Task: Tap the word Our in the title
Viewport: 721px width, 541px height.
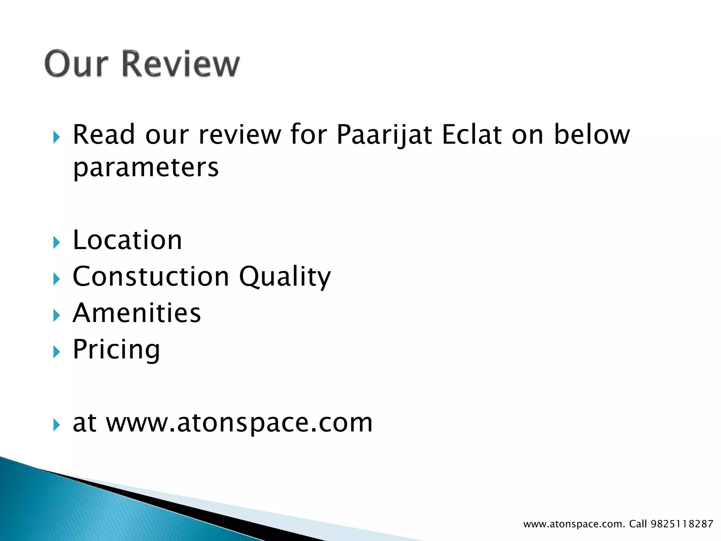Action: point(76,64)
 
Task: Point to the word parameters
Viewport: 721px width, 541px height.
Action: point(146,168)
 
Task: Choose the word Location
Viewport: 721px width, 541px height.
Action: point(127,240)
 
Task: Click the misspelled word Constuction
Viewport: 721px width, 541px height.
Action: point(151,276)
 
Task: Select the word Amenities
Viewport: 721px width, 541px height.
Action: point(137,313)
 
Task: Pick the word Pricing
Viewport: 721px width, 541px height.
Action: point(116,350)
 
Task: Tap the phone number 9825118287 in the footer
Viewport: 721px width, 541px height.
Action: point(682,524)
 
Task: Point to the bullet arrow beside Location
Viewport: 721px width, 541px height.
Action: point(56,242)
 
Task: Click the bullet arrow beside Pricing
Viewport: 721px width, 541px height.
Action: point(56,352)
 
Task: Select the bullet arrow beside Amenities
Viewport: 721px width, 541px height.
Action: point(56,315)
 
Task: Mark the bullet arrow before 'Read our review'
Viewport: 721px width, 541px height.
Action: point(56,137)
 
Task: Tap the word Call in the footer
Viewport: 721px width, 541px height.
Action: point(638,524)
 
